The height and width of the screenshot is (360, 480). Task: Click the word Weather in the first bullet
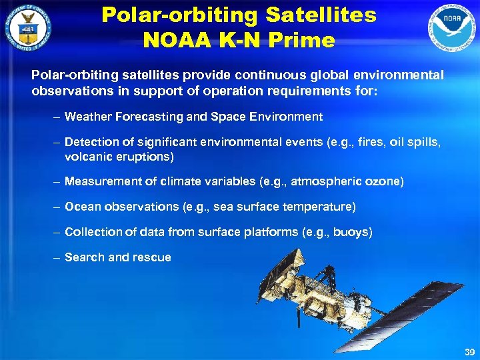pos(89,117)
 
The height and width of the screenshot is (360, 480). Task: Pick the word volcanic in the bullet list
pos(87,157)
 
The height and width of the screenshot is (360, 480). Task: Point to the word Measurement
pos(98,181)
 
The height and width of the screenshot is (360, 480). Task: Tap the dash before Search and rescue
pos(58,257)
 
